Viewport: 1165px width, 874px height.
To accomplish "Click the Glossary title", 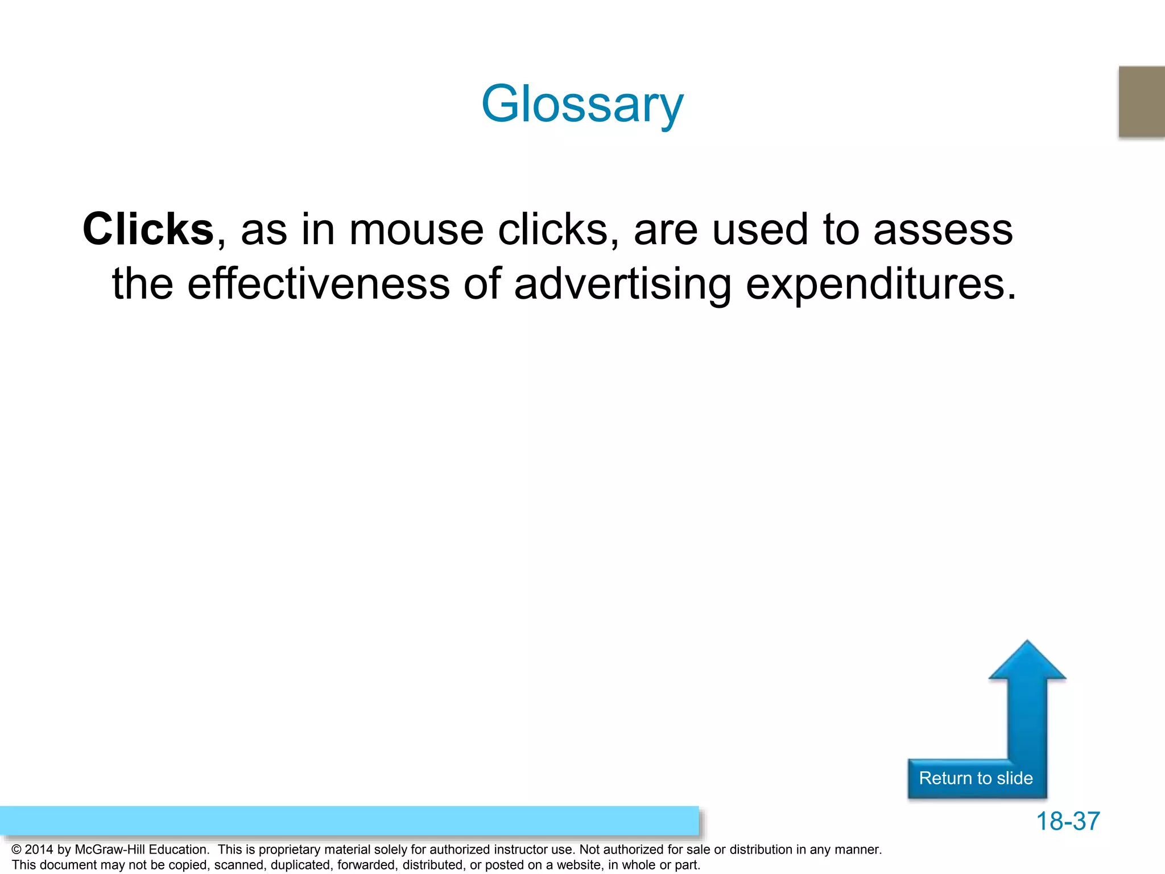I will tap(582, 104).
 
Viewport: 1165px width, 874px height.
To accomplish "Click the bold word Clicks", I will tap(148, 229).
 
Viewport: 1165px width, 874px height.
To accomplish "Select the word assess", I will tap(943, 229).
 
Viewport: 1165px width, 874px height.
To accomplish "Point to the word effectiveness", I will tap(319, 283).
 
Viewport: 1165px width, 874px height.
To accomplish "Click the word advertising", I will tap(622, 283).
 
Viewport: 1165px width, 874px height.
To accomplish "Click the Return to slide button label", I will tap(976, 778).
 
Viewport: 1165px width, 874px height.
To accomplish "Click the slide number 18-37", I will tap(1068, 821).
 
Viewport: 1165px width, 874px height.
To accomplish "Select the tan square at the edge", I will tap(1142, 101).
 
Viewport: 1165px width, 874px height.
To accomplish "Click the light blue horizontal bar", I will tap(349, 821).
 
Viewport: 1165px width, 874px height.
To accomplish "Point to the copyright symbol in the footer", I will tap(16, 850).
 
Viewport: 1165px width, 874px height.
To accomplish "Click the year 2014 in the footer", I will tap(39, 850).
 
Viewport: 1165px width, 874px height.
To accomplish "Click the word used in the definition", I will tap(759, 229).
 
